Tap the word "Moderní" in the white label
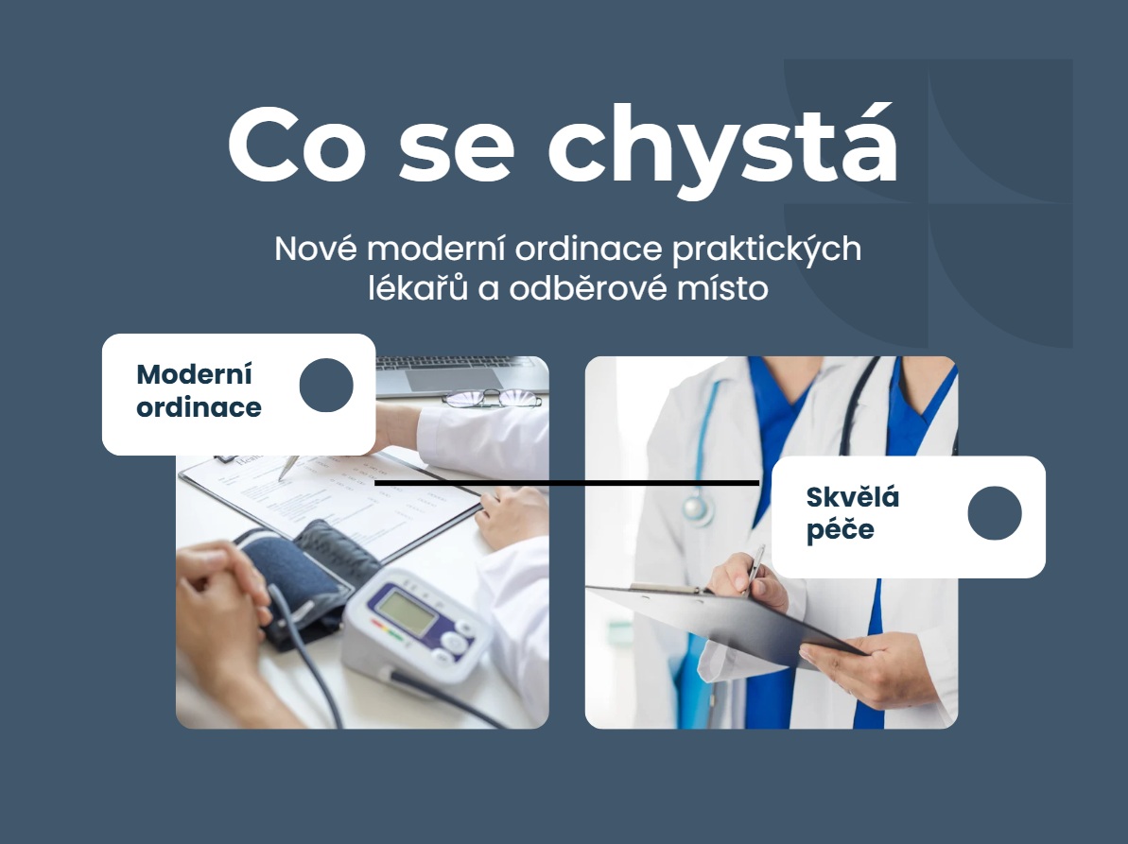tap(195, 374)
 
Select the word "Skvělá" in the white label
tap(853, 497)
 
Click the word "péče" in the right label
tap(840, 530)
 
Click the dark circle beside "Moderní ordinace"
tap(326, 386)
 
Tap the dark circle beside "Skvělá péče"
tap(995, 513)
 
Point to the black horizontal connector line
tap(567, 483)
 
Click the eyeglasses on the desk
tap(492, 399)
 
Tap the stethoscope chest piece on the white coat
tap(697, 509)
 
